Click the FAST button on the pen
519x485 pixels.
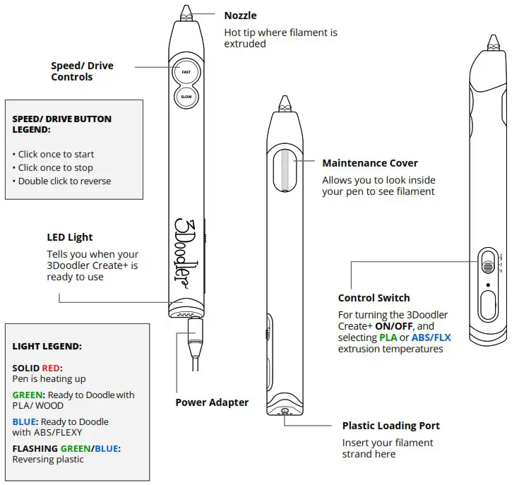click(186, 71)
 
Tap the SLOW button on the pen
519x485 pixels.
click(186, 97)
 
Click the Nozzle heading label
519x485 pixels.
click(240, 16)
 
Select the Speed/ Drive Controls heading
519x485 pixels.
click(82, 71)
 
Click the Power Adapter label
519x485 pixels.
click(212, 402)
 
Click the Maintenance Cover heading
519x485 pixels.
click(370, 163)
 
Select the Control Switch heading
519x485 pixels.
click(374, 298)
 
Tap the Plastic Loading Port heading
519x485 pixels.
click(390, 426)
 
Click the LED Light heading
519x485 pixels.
click(70, 237)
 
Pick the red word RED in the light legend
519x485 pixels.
click(51, 368)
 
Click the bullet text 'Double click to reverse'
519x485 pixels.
click(64, 181)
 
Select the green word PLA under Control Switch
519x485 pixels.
click(388, 337)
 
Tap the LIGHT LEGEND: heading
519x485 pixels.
click(47, 347)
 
